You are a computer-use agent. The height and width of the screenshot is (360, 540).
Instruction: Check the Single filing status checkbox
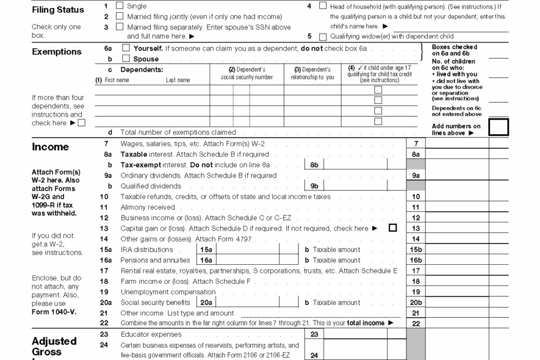tap(120, 6)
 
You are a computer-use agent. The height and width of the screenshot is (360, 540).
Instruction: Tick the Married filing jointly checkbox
tap(120, 17)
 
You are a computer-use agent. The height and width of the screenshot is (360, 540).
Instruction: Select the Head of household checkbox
tap(323, 6)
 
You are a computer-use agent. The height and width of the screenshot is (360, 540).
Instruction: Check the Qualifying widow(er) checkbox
tap(323, 37)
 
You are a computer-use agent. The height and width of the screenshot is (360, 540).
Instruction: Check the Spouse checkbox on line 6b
tap(126, 59)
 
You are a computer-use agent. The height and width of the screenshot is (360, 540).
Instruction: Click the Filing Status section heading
tap(57, 10)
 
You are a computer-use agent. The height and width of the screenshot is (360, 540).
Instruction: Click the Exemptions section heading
tap(56, 52)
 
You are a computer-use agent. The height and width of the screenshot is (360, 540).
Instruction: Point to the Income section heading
tap(50, 147)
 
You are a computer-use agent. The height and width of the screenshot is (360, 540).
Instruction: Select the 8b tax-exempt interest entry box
tap(354, 165)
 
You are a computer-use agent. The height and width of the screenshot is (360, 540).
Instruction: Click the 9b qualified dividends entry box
tap(354, 186)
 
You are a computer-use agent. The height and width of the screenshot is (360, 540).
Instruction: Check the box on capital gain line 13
tap(393, 228)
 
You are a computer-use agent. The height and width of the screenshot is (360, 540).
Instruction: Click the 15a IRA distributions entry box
tap(247, 250)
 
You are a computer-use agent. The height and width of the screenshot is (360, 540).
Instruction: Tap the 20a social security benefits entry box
tap(247, 303)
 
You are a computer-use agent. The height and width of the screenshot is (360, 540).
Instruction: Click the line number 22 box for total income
tap(415, 323)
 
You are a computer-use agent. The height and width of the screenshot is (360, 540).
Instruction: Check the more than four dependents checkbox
tap(82, 123)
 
